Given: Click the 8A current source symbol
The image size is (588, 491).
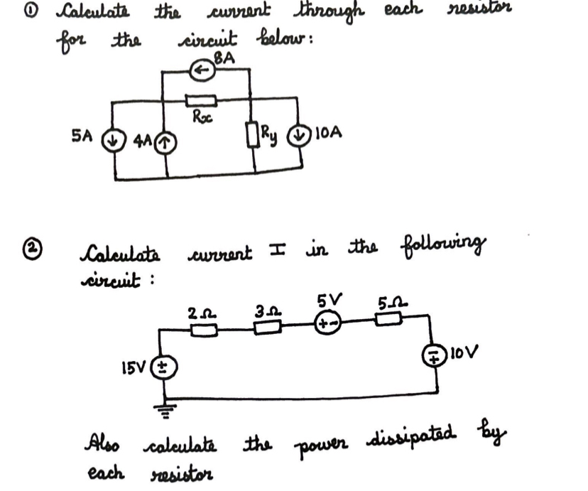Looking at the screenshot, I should (202, 70).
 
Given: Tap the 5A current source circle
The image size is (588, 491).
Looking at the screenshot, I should (112, 139).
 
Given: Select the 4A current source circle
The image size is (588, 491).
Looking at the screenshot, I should (166, 142).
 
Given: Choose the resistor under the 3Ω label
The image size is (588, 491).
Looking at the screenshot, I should (268, 325).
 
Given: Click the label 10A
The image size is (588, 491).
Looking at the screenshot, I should (330, 132).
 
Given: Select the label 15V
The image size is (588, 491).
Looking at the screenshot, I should (137, 368).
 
